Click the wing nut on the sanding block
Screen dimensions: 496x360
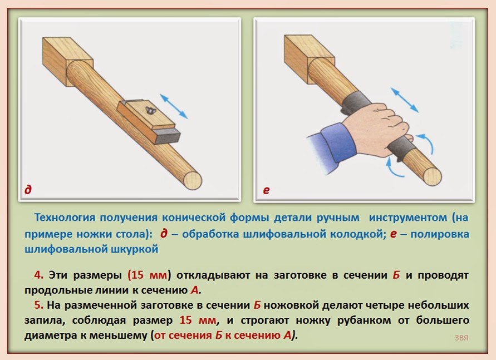coord(149,110)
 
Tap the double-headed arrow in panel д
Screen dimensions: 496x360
coord(174,106)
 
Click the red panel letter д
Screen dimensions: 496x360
coord(28,189)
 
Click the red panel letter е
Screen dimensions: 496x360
coord(266,190)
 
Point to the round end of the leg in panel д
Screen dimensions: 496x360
coord(192,180)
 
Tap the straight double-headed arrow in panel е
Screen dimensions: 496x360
coord(405,100)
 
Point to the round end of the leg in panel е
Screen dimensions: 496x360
coord(433,176)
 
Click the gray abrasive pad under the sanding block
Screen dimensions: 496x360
coord(167,136)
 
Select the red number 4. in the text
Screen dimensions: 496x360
coord(39,275)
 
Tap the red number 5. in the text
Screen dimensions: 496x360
coord(39,305)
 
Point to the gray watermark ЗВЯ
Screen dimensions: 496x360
coord(461,338)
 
